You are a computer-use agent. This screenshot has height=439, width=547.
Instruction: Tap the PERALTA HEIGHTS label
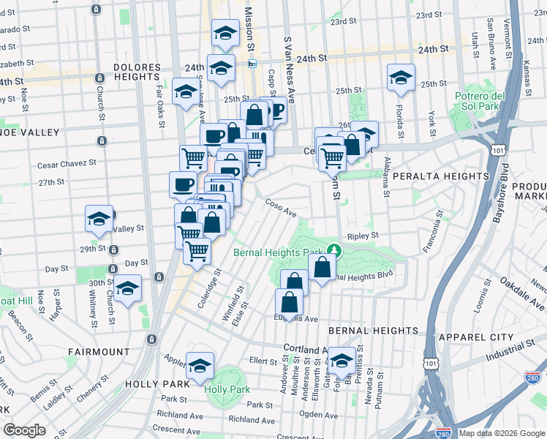tap(440, 176)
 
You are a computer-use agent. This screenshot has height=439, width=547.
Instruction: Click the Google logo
tap(24, 430)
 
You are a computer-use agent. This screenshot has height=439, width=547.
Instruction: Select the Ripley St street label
tap(363, 236)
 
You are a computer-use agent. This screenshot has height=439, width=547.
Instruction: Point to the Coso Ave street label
tap(280, 209)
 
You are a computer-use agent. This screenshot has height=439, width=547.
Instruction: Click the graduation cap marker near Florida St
tap(401, 78)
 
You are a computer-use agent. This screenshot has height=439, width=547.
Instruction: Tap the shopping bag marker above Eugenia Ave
tap(290, 302)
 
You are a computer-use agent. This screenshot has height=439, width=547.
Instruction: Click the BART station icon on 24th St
tap(252, 64)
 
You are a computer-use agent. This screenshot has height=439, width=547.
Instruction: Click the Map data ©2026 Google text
tap(501, 433)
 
